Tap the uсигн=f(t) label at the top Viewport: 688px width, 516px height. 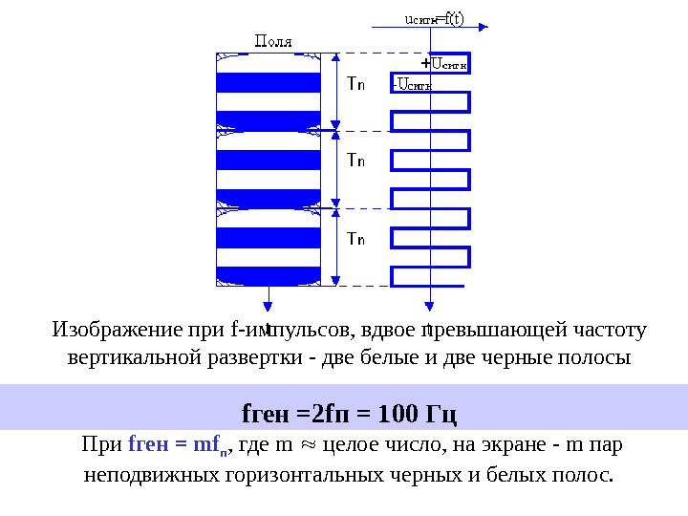[435, 17]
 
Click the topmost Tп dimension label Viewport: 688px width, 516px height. [355, 83]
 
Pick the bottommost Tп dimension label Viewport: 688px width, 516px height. [355, 238]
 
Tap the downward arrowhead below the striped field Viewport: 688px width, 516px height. [268, 306]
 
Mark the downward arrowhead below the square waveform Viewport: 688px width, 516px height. [430, 306]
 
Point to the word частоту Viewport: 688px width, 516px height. [611, 332]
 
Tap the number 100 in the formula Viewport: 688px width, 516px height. [398, 416]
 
